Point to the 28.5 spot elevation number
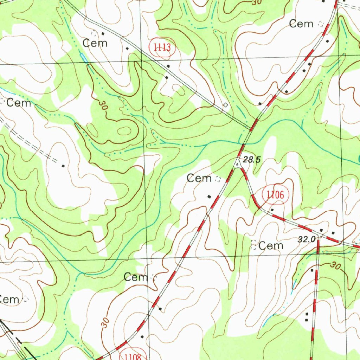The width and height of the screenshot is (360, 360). pyautogui.click(x=252, y=160)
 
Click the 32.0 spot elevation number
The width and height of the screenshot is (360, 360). pyautogui.click(x=306, y=240)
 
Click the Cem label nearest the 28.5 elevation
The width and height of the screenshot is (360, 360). pyautogui.click(x=199, y=178)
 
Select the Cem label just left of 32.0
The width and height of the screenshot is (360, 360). pyautogui.click(x=271, y=246)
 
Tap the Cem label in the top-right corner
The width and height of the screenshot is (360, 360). pyautogui.click(x=301, y=24)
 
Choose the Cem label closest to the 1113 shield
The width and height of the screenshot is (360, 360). pyautogui.click(x=95, y=43)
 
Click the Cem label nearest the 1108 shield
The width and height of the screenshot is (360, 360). pyautogui.click(x=136, y=277)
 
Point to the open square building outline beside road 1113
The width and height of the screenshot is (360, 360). pyautogui.click(x=225, y=105)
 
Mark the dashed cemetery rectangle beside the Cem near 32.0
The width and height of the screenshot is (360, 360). pyautogui.click(x=253, y=245)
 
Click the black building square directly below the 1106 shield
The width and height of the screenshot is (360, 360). pyautogui.click(x=272, y=210)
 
